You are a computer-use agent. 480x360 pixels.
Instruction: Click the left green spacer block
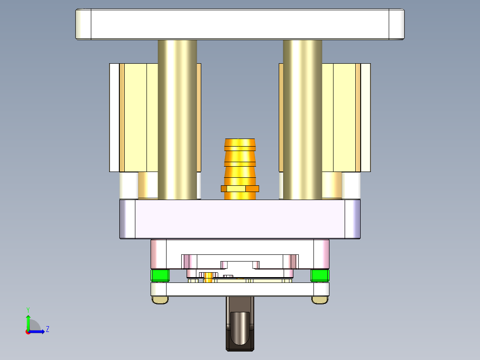tap(160, 275)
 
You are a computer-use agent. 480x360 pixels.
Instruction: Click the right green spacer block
tap(320, 275)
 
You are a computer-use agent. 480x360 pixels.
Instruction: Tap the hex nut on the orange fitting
tap(240, 188)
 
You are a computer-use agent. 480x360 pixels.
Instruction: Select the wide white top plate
tap(240, 24)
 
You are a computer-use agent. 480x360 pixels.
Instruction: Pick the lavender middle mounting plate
tap(240, 219)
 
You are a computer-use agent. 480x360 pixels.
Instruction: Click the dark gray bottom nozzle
tap(240, 330)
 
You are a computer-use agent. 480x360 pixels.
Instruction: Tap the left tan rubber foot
tap(160, 300)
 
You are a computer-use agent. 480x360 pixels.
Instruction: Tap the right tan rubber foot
tap(320, 300)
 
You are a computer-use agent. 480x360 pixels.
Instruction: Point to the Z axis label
tap(48, 329)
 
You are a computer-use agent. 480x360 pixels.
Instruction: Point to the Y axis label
tap(28, 309)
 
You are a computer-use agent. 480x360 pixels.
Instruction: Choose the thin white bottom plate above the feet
tap(240, 290)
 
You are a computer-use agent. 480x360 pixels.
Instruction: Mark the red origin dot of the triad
tap(28, 331)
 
